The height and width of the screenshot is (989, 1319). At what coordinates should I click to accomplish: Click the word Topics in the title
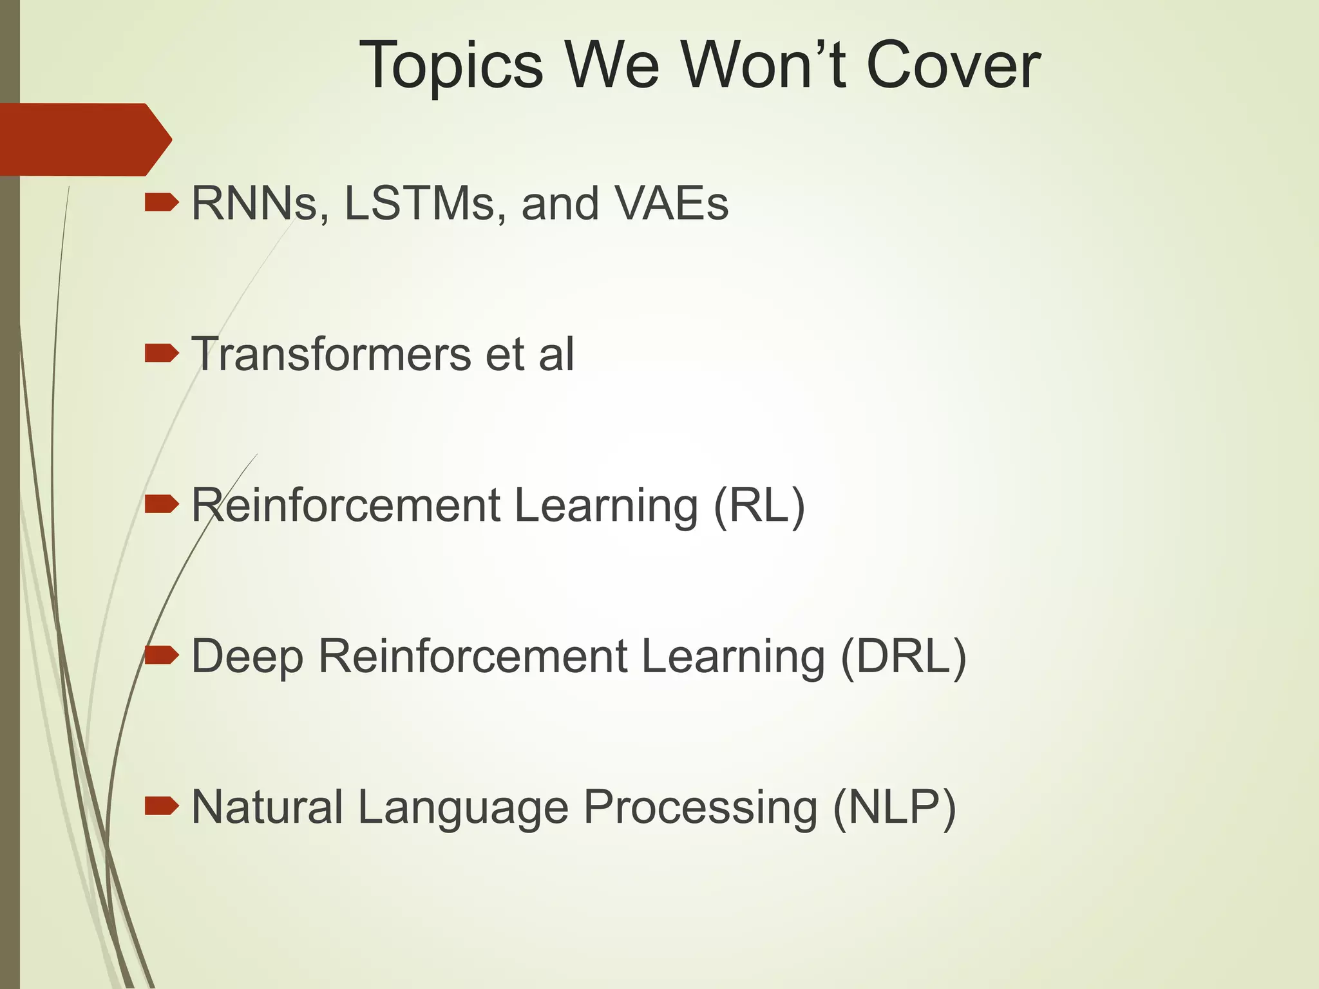(451, 66)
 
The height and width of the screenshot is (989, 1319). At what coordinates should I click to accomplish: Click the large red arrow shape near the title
(84, 139)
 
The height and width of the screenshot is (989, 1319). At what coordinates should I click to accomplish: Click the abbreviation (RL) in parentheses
(759, 505)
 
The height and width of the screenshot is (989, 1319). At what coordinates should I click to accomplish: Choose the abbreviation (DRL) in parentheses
(903, 657)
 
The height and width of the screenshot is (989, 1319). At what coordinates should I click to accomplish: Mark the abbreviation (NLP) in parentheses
(894, 807)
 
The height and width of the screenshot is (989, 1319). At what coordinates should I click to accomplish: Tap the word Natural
(267, 807)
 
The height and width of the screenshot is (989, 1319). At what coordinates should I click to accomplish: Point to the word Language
(463, 809)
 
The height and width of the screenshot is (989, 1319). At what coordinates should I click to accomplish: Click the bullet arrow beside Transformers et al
(161, 353)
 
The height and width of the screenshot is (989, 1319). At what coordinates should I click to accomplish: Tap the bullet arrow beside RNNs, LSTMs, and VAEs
(161, 203)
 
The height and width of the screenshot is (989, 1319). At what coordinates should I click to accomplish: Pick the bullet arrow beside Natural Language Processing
(161, 805)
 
